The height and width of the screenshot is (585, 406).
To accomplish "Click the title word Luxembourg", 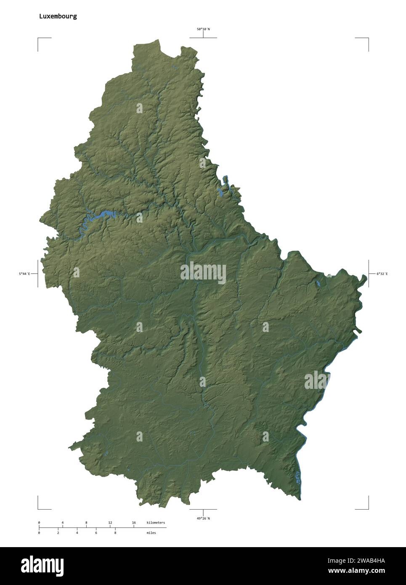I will point(58,16).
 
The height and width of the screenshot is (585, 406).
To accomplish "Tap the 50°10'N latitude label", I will point(203,29).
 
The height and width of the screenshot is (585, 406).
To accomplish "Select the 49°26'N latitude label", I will point(203,518).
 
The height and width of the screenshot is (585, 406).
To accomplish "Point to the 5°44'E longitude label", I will point(24,274).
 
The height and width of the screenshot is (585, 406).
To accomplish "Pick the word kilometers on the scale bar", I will point(156,522).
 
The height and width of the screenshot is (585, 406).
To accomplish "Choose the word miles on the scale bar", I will point(151,533).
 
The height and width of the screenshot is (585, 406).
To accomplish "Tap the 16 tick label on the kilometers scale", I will point(134,522).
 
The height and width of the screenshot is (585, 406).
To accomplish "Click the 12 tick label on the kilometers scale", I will point(110,522).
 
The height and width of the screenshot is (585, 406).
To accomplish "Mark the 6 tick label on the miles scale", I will point(96,533).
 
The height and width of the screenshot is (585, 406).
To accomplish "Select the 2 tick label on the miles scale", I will point(58,533).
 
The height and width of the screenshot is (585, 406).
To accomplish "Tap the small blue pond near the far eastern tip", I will point(319,284).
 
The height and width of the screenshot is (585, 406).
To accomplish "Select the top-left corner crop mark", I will point(38,38).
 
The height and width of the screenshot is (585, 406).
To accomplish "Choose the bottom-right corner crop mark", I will point(368,508).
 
